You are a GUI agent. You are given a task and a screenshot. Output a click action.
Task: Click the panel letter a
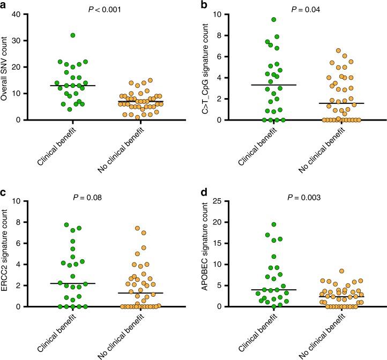click(x=5, y=5)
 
